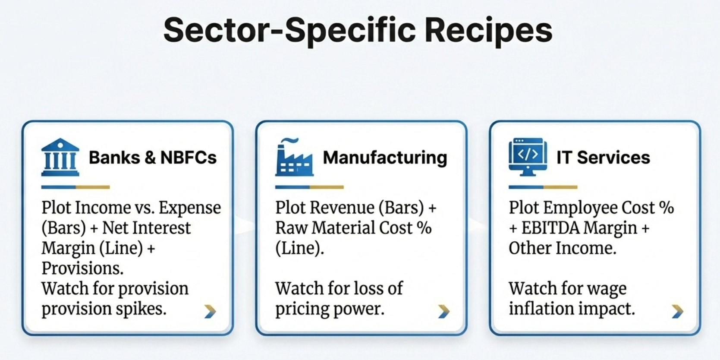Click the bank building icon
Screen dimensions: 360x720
pyautogui.click(x=60, y=158)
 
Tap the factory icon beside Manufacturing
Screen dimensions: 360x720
pyautogui.click(x=294, y=158)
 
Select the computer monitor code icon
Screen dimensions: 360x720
pyautogui.click(x=528, y=157)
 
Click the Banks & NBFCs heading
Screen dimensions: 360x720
pyautogui.click(x=153, y=158)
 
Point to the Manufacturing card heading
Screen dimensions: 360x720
pyautogui.click(x=385, y=158)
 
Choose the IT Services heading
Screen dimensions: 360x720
pyautogui.click(x=603, y=158)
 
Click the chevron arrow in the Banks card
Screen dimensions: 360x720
pyautogui.click(x=210, y=311)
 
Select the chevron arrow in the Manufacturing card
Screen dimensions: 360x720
pyautogui.click(x=443, y=311)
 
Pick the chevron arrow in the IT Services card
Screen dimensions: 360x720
pyautogui.click(x=677, y=311)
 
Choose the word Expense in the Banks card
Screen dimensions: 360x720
pyautogui.click(x=190, y=208)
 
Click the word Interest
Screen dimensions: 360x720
pyautogui.click(x=162, y=228)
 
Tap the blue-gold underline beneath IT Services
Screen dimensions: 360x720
pyautogui.click(x=543, y=187)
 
